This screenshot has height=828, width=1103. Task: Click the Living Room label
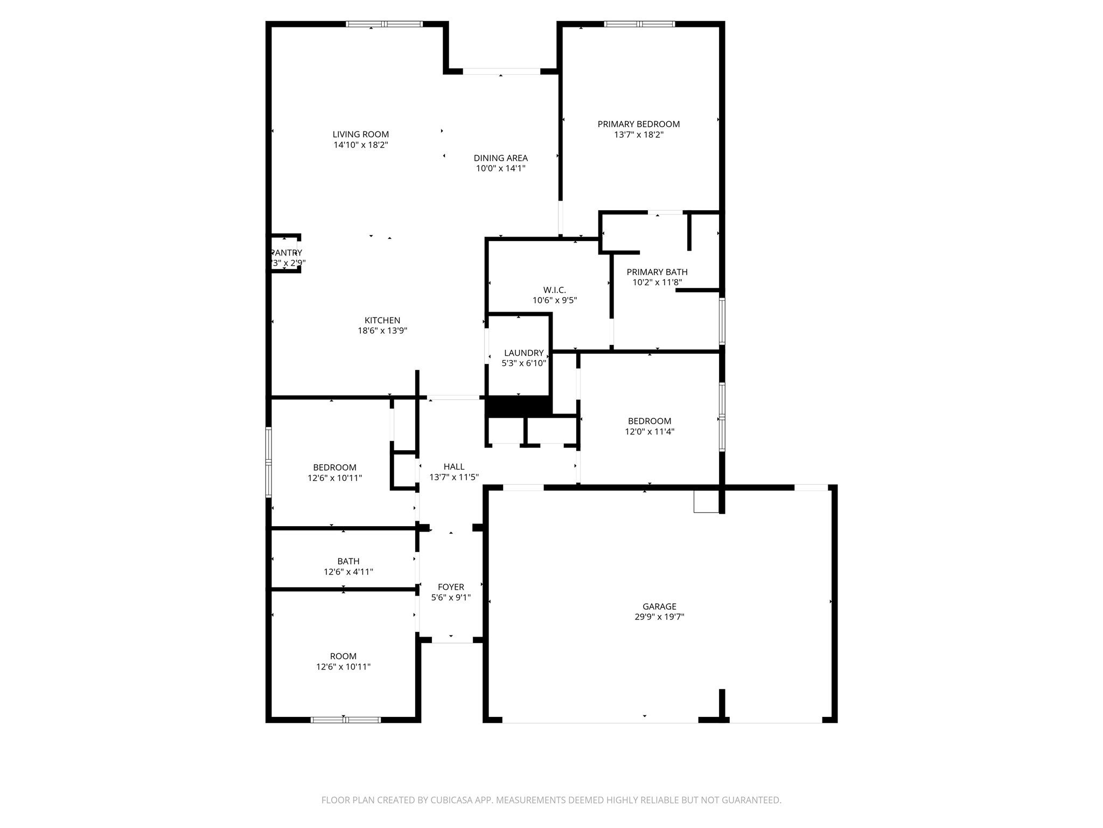(x=360, y=134)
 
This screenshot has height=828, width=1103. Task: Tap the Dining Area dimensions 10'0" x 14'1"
(x=500, y=168)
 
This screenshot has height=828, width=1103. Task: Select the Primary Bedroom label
(x=638, y=124)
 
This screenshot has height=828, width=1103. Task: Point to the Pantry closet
(x=285, y=253)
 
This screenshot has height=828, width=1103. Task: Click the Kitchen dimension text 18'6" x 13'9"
(x=382, y=330)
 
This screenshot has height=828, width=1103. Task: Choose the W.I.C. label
(x=554, y=290)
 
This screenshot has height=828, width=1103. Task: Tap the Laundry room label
(x=523, y=353)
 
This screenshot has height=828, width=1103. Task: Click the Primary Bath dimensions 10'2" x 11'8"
(x=657, y=282)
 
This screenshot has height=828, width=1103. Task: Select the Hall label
(x=453, y=467)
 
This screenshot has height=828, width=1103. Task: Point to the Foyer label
(x=451, y=587)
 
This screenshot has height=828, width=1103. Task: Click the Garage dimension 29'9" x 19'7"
(x=659, y=617)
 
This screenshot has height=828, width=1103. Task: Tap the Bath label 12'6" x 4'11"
(x=348, y=561)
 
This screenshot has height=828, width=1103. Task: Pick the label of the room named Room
(x=343, y=656)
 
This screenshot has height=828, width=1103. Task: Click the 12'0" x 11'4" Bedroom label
(x=650, y=421)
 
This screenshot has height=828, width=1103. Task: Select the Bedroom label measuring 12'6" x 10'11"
(x=334, y=467)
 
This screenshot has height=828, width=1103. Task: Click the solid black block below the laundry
(x=518, y=406)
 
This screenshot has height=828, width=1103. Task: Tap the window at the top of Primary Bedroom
(x=639, y=24)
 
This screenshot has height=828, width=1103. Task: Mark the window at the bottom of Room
(x=345, y=719)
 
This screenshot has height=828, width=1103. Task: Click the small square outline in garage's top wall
(x=706, y=501)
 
